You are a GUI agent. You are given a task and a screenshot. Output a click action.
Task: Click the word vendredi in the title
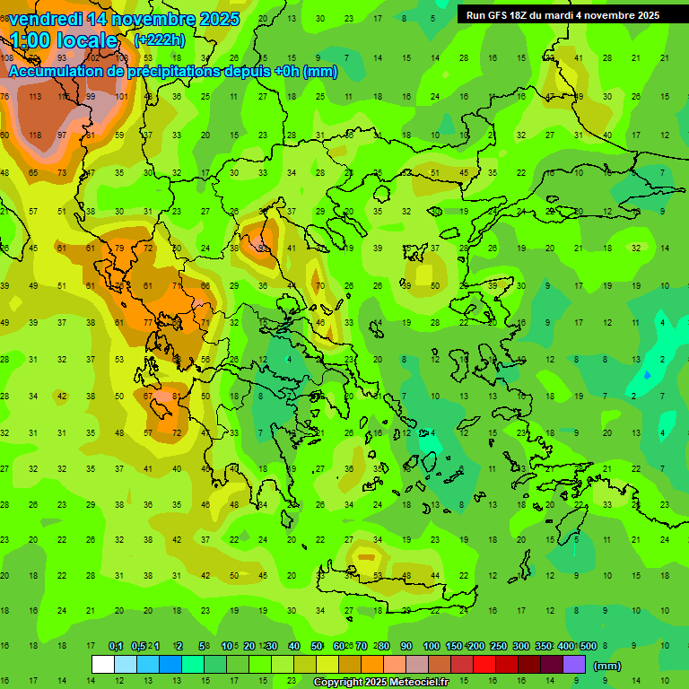tap(45, 19)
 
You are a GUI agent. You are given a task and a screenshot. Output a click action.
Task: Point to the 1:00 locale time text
tap(64, 40)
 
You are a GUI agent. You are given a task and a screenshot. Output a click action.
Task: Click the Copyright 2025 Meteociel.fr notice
tap(393, 683)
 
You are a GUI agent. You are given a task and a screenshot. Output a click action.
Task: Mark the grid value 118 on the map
tap(35, 135)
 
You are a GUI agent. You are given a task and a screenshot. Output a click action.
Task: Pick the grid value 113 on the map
tap(35, 96)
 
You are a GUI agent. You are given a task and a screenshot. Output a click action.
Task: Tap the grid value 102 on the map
tap(92, 57)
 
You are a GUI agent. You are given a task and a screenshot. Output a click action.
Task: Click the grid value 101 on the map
tap(121, 96)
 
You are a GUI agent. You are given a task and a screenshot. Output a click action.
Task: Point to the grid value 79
tap(119, 249)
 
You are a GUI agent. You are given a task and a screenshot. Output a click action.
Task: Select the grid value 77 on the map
tap(148, 324)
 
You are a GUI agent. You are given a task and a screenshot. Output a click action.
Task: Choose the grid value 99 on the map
tap(91, 96)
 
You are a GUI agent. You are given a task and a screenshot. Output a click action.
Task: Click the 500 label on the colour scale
tap(588, 646)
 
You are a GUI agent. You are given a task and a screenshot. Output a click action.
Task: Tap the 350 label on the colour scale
tap(543, 646)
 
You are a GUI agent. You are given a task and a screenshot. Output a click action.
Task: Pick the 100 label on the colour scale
tap(432, 646)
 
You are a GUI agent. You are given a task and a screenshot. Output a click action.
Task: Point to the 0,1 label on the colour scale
tap(116, 646)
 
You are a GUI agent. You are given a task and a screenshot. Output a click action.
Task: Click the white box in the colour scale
tap(103, 664)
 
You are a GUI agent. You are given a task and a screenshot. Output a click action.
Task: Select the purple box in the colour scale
tap(574, 664)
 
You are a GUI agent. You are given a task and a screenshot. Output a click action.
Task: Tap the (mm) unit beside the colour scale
tap(607, 666)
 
